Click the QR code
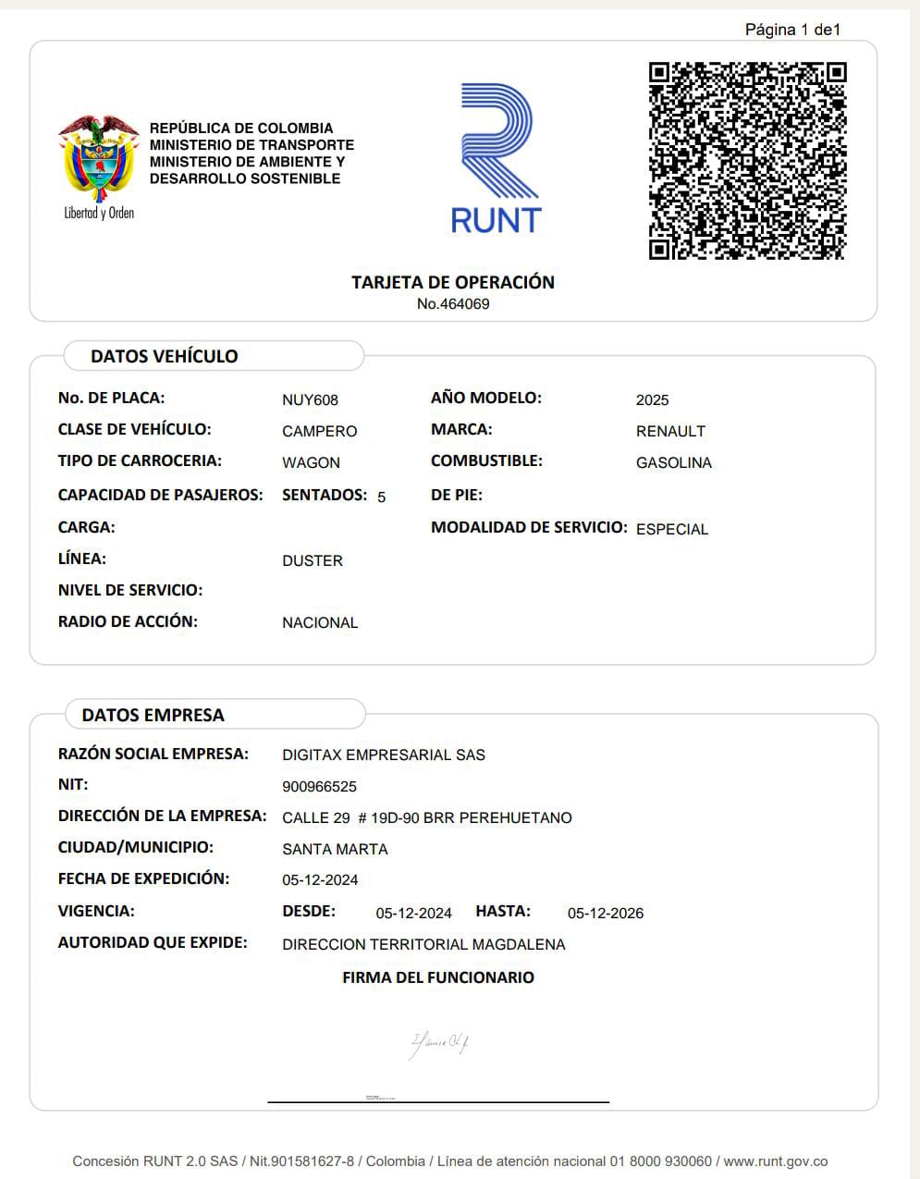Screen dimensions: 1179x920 tap(747, 161)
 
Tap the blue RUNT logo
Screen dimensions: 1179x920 tap(497, 157)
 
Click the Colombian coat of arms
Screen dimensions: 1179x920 tap(98, 159)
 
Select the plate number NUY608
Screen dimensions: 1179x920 tap(310, 399)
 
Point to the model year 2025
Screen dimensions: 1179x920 tap(652, 399)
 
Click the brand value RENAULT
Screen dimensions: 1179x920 tap(670, 431)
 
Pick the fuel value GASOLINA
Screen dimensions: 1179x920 tap(673, 462)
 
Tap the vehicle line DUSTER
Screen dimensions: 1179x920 tap(312, 560)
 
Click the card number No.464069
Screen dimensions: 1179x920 tap(452, 304)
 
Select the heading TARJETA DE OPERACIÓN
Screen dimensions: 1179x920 tap(452, 282)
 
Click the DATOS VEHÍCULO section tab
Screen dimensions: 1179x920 tap(164, 356)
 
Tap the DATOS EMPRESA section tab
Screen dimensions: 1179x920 tap(153, 715)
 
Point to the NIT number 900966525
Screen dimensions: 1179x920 tap(319, 786)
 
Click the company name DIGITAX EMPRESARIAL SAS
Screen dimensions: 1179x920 tap(383, 755)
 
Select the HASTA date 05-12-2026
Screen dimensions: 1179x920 tap(605, 913)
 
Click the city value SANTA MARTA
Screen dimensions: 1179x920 tap(335, 849)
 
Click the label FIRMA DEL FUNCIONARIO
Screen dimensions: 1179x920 tap(437, 977)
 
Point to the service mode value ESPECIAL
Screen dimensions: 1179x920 tap(671, 529)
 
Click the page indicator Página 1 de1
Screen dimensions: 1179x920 tap(792, 30)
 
